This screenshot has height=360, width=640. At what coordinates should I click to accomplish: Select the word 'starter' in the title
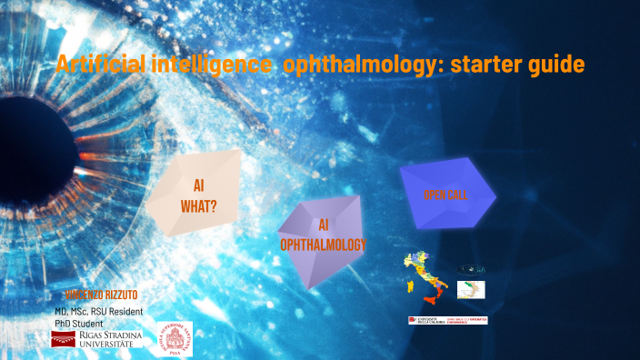tap(469, 65)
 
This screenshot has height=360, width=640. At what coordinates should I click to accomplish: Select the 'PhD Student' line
tap(78, 323)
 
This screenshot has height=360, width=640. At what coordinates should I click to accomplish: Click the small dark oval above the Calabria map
tap(471, 270)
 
